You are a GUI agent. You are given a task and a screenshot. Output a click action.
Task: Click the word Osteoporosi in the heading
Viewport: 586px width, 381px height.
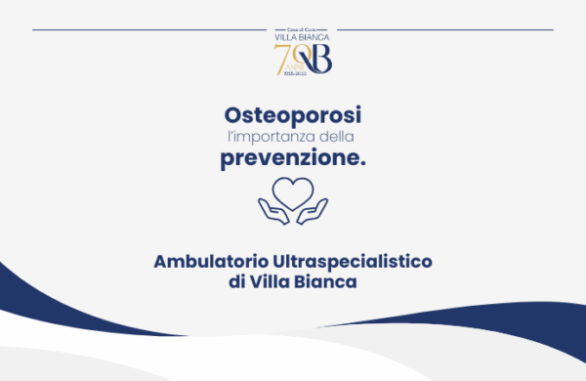click(x=292, y=113)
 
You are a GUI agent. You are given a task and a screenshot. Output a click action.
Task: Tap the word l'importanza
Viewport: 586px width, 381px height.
click(x=261, y=137)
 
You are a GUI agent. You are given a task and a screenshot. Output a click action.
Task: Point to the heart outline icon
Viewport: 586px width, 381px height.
click(x=293, y=189)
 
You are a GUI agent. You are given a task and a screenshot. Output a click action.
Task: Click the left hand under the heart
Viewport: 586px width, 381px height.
click(x=272, y=208)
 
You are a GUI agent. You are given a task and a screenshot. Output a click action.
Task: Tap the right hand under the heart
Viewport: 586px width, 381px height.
click(x=314, y=208)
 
